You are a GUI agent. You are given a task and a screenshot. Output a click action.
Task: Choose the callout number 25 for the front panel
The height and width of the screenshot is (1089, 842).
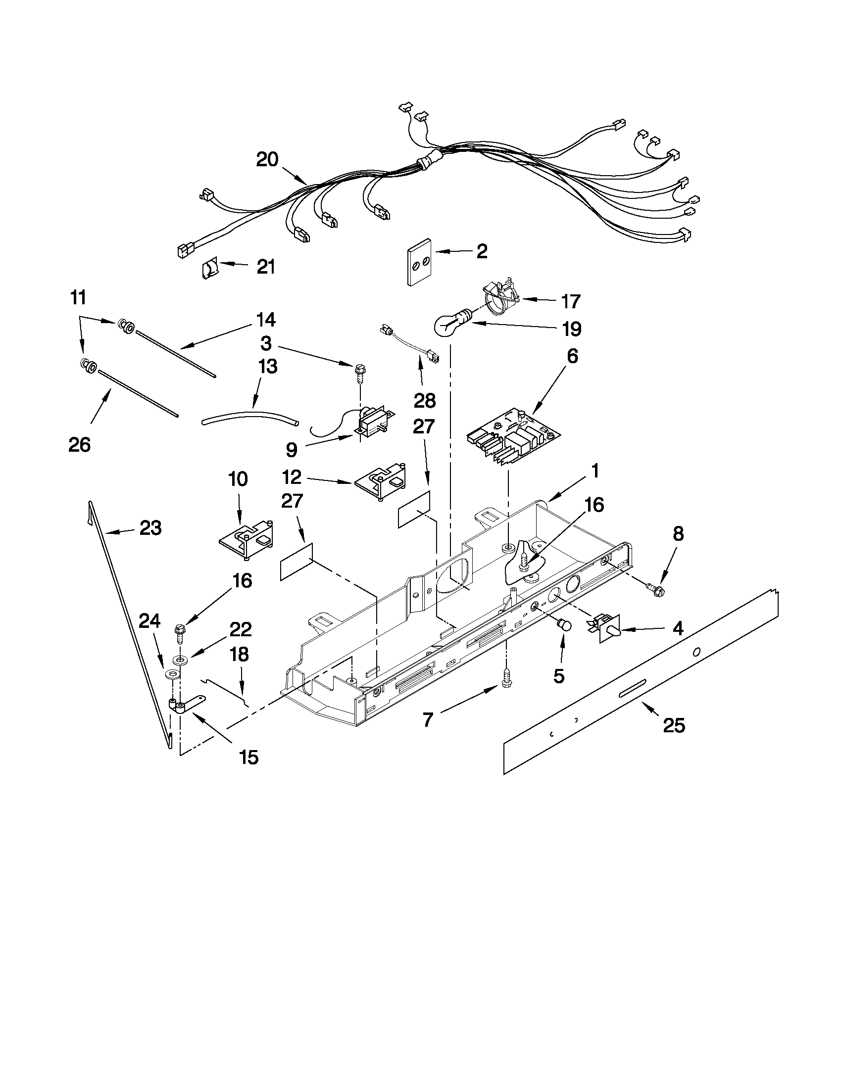673,725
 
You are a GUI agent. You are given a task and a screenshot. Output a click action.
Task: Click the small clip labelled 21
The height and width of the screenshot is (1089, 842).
209,269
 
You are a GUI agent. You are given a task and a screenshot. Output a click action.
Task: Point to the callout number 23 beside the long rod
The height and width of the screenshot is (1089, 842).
150,527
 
